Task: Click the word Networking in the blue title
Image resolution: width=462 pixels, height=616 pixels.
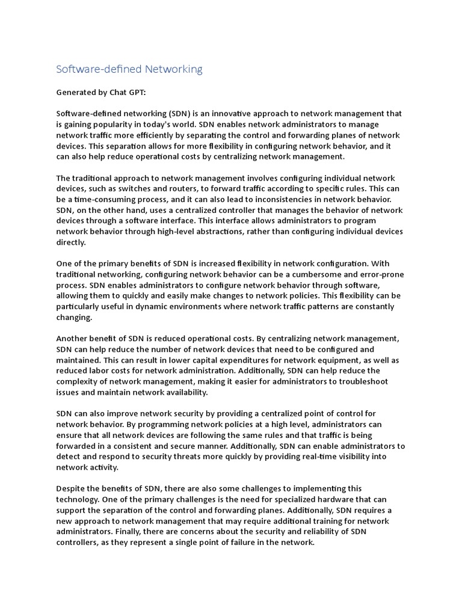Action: pyautogui.click(x=173, y=69)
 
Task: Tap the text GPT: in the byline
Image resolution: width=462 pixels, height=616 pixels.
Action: pyautogui.click(x=136, y=93)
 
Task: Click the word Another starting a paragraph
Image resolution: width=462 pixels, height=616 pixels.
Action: pyautogui.click(x=72, y=339)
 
